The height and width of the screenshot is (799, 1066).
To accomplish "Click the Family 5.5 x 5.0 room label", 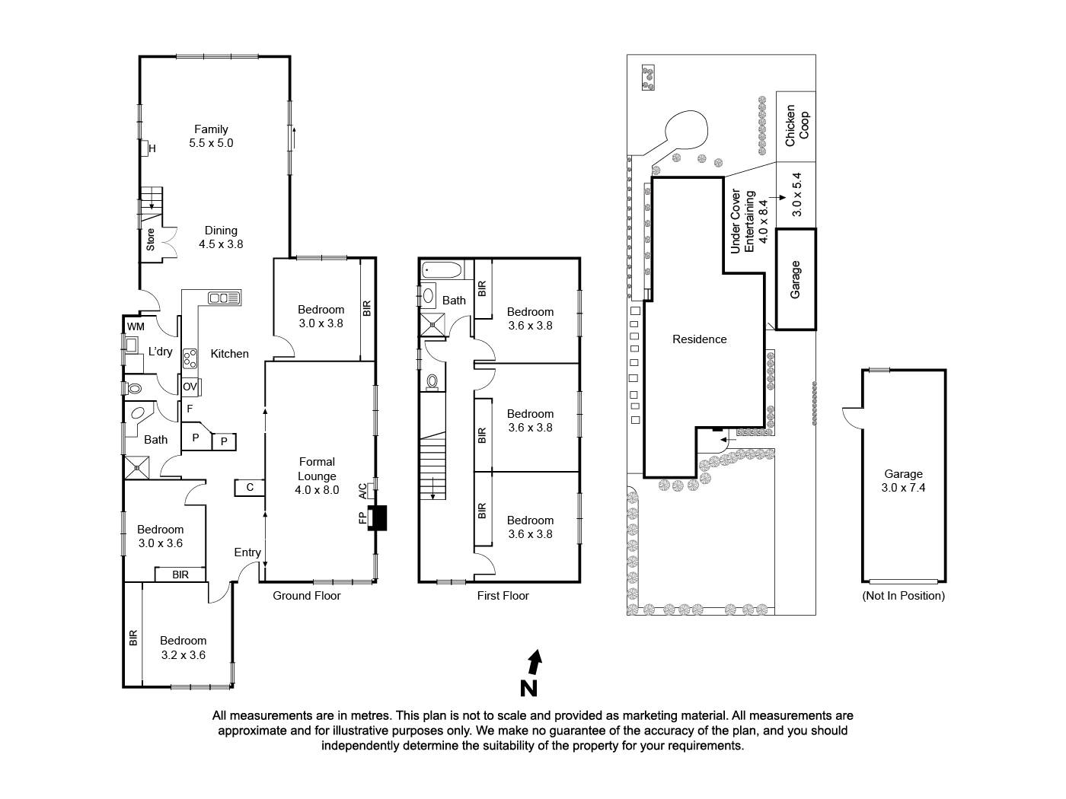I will [x=211, y=136].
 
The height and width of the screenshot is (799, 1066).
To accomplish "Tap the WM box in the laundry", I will [x=136, y=326].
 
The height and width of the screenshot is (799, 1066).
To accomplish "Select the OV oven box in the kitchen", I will [x=190, y=387].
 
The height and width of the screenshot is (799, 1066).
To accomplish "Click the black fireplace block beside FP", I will [x=378, y=518].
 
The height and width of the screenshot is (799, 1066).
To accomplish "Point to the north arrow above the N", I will [x=535, y=662].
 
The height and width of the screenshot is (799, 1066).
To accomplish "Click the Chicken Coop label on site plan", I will [x=796, y=126].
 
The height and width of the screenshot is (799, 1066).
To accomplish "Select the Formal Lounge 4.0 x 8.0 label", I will [x=317, y=476].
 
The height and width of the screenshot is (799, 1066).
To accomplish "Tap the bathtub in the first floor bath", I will [x=442, y=270].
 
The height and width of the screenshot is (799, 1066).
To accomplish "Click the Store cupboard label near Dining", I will [x=151, y=240].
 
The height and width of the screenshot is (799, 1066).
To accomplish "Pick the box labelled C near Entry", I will [x=250, y=487].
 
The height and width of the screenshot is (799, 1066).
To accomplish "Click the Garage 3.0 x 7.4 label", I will [x=903, y=481].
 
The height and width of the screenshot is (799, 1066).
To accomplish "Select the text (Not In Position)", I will [x=903, y=596].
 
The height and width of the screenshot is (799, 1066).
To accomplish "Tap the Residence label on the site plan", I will [x=699, y=339].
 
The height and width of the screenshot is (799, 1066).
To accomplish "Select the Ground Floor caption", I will [x=307, y=596].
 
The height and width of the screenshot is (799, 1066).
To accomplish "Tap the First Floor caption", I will [x=503, y=596].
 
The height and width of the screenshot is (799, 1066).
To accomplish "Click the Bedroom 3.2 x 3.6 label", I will [x=184, y=648].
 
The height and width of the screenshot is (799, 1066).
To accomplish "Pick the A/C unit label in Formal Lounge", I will [x=363, y=491].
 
